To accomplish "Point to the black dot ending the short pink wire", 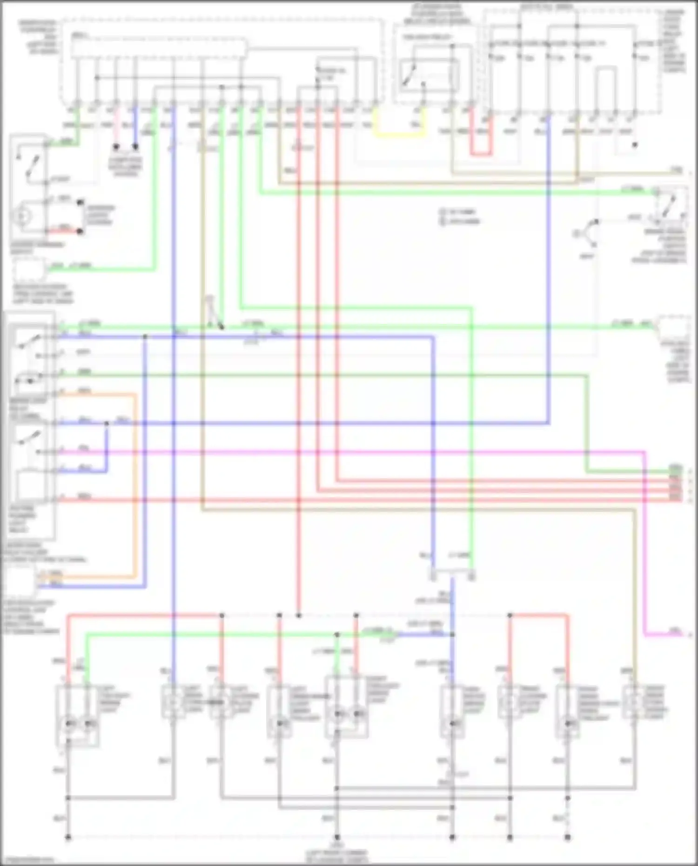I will pos(116,147).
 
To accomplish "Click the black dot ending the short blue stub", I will pos(135,147).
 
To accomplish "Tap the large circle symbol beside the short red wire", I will pos(21,216).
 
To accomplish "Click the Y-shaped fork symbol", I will pos(587,233).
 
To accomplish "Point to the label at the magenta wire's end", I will pos(675,631).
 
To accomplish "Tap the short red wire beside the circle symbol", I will pos(63,228).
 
